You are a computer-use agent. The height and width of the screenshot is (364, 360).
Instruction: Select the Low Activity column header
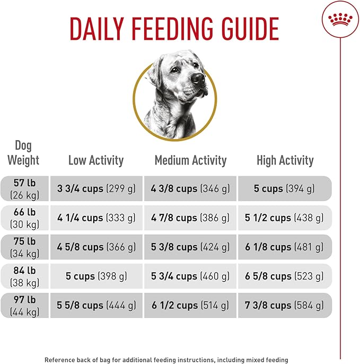point(95,160)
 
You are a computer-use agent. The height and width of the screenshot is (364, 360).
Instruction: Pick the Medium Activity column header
point(190,160)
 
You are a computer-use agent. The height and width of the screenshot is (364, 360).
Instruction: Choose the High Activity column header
point(285,160)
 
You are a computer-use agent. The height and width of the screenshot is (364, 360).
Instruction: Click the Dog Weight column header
point(24,152)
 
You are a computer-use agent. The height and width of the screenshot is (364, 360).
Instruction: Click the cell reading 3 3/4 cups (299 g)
point(96,188)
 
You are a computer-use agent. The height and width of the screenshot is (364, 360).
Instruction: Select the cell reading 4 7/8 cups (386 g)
point(190,218)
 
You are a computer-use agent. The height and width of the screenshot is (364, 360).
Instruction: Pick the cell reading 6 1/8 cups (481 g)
point(285,247)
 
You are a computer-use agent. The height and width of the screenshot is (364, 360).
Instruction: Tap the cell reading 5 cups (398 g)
point(96,276)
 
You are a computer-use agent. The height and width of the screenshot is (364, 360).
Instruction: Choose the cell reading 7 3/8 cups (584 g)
point(285,305)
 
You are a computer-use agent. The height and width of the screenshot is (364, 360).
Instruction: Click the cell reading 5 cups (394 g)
point(285,188)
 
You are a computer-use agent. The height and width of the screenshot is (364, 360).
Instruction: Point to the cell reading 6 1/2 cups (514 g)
point(190,305)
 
